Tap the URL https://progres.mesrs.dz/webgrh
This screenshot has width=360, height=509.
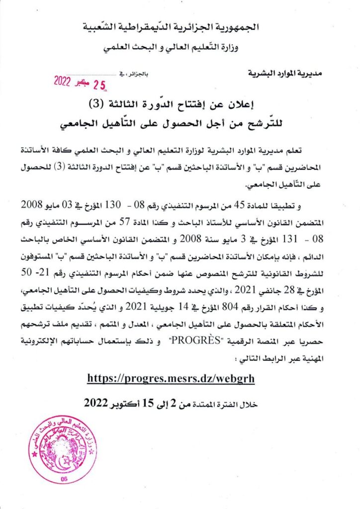pyautogui.click(x=171, y=378)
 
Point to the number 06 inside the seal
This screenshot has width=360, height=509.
pyautogui.click(x=63, y=478)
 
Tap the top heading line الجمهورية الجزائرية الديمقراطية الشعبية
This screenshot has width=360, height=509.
pyautogui.click(x=180, y=27)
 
